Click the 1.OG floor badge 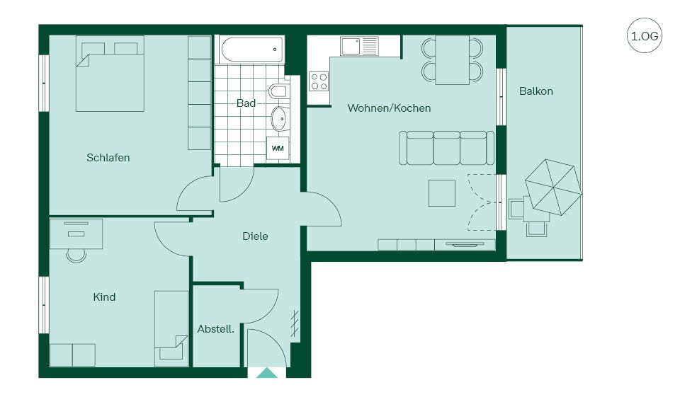[x=645, y=35]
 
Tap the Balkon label [x=536, y=91]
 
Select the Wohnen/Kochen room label [x=389, y=108]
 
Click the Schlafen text [x=108, y=157]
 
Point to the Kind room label [x=104, y=297]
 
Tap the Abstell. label [x=215, y=329]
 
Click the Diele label [x=255, y=236]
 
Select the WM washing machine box [x=278, y=148]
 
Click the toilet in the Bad [x=278, y=91]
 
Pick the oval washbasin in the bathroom [x=280, y=118]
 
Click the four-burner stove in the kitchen [x=319, y=81]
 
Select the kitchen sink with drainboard [x=360, y=47]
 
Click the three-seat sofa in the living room [x=446, y=148]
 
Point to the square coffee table [x=442, y=193]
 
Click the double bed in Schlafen [x=110, y=74]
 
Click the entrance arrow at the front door [x=267, y=373]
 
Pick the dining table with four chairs [x=453, y=60]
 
